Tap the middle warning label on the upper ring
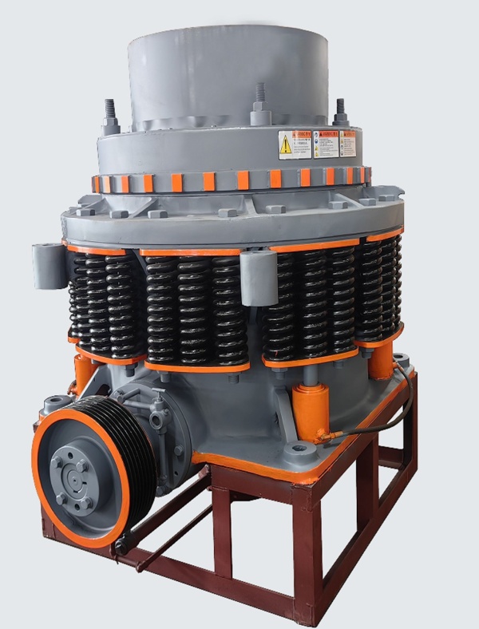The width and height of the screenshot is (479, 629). pos(327,144)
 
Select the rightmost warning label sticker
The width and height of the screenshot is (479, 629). pos(348,144)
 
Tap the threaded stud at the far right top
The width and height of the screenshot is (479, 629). pos(341,112)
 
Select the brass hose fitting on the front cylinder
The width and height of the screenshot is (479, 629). pos(325,436)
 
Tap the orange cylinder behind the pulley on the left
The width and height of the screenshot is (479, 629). pos(83,374)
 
